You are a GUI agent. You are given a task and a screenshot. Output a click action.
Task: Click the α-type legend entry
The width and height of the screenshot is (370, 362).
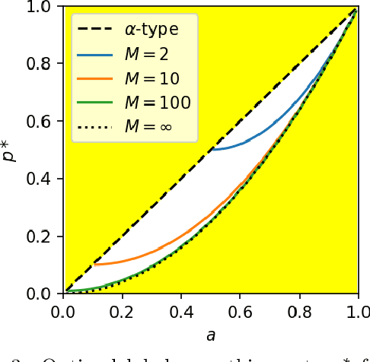tap(151, 31)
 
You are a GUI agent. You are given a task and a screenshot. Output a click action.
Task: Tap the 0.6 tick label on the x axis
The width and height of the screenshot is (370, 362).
tap(240, 311)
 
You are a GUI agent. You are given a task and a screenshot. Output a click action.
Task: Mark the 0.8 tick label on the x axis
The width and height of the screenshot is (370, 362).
tap(298, 311)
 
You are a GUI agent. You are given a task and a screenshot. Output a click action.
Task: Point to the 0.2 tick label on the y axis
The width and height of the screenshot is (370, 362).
tap(43, 237)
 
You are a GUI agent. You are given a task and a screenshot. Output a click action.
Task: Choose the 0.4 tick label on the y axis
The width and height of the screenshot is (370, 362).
tap(43, 179)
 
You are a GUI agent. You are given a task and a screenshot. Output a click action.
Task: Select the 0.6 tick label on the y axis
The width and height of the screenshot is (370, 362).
tap(43, 122)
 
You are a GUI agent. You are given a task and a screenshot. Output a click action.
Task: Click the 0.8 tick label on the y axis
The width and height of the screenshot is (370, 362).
tap(43, 65)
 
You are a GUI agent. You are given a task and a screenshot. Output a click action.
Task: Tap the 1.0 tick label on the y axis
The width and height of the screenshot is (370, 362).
tap(43, 8)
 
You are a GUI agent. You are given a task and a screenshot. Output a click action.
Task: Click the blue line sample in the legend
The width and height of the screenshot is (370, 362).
tap(94, 55)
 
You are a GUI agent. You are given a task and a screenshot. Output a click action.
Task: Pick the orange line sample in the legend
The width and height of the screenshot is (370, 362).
tap(94, 78)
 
